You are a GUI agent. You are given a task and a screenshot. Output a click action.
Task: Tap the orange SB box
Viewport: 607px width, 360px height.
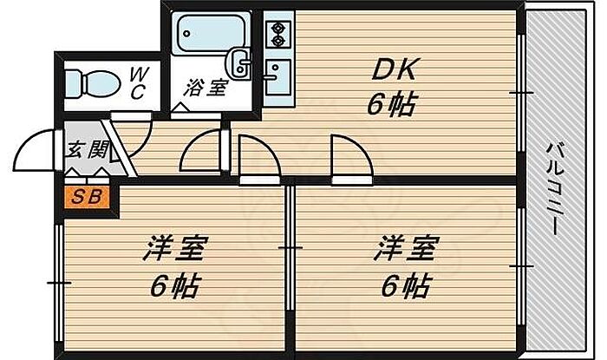click(x=85, y=196)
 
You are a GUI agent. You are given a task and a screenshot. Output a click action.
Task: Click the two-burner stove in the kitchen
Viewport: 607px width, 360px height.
click(x=278, y=33)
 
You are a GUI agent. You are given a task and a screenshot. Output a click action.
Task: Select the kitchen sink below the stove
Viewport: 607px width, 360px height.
click(x=278, y=75)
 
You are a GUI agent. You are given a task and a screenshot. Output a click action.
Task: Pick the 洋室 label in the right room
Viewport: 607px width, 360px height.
click(x=404, y=252)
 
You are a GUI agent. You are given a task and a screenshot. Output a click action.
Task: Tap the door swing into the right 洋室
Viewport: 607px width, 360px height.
click(x=349, y=156)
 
